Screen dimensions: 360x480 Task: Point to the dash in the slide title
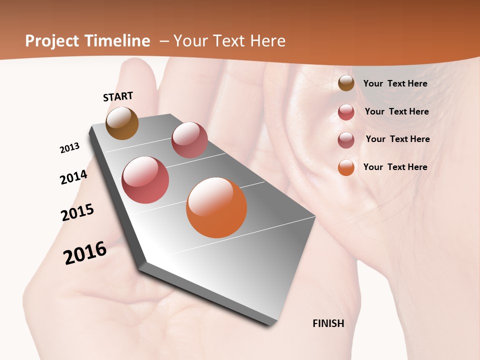coord(163,41)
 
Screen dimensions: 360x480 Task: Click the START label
coord(118,96)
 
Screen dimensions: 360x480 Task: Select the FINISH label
coord(328,323)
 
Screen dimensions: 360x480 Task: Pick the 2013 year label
coord(69,148)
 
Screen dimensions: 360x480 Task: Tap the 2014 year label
coord(73,177)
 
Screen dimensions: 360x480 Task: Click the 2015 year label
coord(77,212)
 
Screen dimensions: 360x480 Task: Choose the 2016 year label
coord(85,252)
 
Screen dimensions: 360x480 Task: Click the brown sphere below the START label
coord(122,123)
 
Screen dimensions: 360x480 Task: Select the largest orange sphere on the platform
coord(216,207)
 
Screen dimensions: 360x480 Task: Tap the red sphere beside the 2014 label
coord(145,180)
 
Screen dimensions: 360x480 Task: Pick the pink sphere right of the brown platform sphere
coord(189,140)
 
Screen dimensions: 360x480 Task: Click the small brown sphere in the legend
coord(346,83)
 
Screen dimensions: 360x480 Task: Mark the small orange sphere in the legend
coord(346,167)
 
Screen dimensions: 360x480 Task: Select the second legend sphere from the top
coord(346,112)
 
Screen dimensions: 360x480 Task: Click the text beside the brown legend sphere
coord(395,83)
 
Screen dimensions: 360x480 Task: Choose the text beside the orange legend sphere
coord(395,167)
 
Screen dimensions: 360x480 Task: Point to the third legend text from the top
coord(397,139)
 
